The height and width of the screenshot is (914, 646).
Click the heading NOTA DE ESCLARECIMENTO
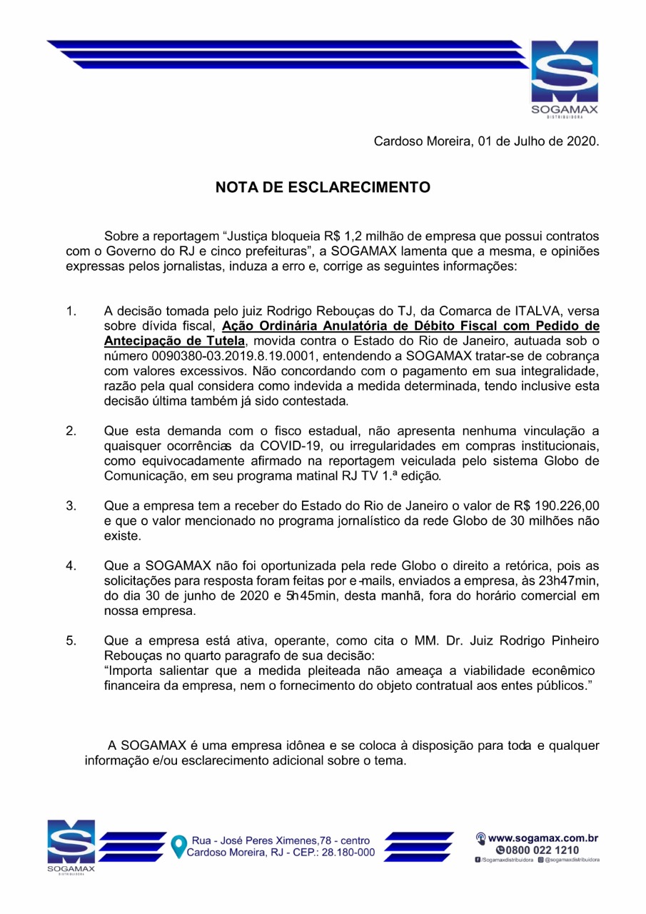[323, 188]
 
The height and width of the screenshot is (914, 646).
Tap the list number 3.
[71, 506]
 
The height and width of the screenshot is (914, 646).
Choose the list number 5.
[71, 641]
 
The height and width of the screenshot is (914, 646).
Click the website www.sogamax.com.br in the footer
[542, 837]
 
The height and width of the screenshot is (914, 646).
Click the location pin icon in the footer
[178, 845]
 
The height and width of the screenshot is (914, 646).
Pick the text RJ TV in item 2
[339, 475]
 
